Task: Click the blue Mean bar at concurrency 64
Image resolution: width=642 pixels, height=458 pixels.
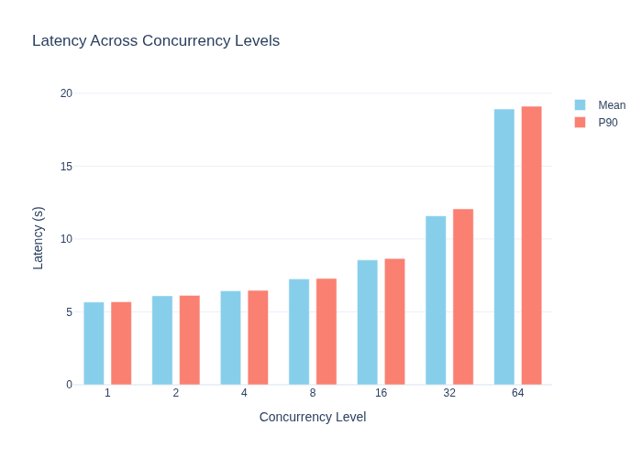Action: pos(504,247)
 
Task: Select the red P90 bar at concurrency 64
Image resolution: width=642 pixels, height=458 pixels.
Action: pos(531,245)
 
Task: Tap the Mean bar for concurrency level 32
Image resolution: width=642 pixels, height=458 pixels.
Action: pos(436,300)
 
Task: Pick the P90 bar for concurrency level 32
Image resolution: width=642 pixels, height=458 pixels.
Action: pos(463,297)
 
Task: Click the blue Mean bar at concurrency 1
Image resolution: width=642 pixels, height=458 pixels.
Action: pos(94,343)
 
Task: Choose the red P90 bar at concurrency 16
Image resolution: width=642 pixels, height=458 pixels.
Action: pos(394,322)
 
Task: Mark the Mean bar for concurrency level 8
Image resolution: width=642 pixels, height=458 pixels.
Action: pos(299,332)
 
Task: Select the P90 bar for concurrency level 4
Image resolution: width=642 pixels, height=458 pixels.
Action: pos(258,338)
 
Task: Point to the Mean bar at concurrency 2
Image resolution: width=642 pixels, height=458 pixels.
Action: pos(162,340)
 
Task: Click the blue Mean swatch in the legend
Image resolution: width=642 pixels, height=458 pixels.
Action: pos(580,105)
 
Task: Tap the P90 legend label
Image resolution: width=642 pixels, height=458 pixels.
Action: pos(607,123)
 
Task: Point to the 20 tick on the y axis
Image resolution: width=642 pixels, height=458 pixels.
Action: pos(66,93)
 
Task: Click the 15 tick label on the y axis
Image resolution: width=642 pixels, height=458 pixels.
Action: pos(66,167)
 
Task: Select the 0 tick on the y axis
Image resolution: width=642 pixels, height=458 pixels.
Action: pos(69,385)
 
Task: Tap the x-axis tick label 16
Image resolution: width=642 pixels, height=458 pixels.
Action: pos(381,393)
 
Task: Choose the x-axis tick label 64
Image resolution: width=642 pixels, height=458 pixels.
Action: pos(517,393)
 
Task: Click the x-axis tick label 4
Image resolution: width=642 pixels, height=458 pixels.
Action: pos(244,393)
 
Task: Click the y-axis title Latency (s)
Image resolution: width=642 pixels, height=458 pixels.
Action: pos(39,238)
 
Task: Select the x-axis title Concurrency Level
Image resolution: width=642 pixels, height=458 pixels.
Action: pos(313,417)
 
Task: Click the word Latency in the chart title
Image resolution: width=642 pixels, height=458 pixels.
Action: pos(60,41)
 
